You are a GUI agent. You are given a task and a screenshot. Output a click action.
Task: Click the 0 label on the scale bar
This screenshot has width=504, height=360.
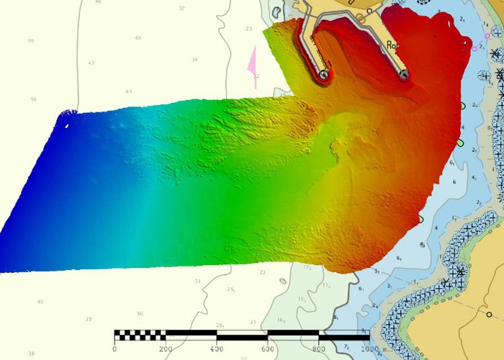tap(114, 349)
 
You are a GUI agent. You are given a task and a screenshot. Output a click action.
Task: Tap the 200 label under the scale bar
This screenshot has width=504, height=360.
tap(166, 349)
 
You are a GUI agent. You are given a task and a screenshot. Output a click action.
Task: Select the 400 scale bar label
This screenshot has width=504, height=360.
tap(217, 349)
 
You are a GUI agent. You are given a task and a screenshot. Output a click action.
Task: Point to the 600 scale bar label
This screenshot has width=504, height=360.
tap(268, 349)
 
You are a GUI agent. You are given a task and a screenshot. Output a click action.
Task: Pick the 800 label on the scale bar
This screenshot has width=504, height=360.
tap(319, 349)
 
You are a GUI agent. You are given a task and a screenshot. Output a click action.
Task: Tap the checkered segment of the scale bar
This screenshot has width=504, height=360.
tap(140, 335)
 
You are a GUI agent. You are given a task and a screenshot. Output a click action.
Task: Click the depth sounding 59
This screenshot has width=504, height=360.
tap(30, 41)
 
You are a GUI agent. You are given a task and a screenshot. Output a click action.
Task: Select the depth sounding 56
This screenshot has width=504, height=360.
tap(33, 99)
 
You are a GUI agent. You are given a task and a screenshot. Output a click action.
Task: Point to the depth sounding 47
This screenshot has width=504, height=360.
tap(91, 63)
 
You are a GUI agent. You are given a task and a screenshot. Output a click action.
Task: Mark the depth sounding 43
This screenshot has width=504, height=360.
tap(129, 91)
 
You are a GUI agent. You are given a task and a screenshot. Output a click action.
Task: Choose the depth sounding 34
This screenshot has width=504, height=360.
tap(194, 60)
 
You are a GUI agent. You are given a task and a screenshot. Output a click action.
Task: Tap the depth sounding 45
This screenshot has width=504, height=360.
tap(40, 302)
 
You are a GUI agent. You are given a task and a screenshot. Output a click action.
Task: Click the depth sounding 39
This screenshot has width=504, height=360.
tap(89, 319)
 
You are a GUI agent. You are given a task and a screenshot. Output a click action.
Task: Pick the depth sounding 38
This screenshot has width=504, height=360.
tap(31, 354)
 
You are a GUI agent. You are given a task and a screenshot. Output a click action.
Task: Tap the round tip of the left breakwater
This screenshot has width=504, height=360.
tap(324, 74)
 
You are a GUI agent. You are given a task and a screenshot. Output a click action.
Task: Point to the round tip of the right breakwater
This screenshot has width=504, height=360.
tap(404, 73)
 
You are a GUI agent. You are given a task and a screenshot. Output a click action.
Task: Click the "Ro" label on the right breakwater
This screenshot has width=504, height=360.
tap(392, 45)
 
